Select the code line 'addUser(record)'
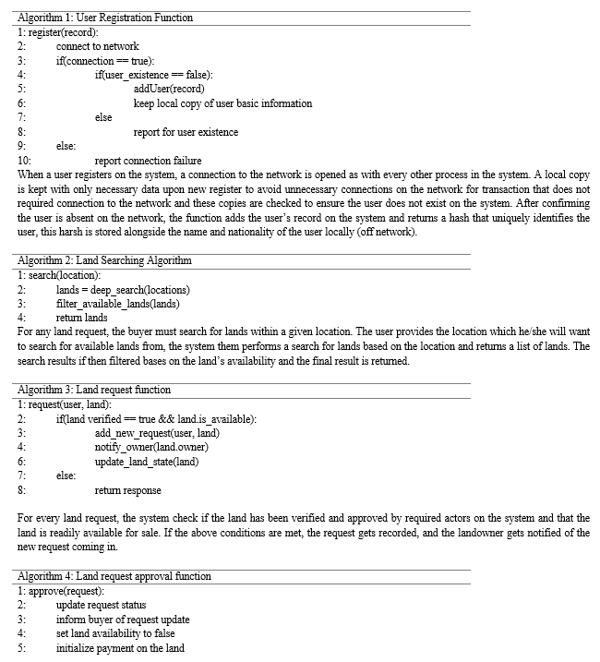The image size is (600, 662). (175, 90)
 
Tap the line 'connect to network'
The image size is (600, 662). (97, 46)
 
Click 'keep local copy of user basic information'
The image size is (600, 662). (222, 103)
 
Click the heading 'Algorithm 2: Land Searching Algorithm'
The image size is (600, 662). (104, 261)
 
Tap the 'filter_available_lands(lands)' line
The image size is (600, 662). (118, 304)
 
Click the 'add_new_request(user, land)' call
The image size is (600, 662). (157, 433)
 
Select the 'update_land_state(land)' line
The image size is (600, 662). (147, 462)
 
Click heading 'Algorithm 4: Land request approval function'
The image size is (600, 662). (114, 576)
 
